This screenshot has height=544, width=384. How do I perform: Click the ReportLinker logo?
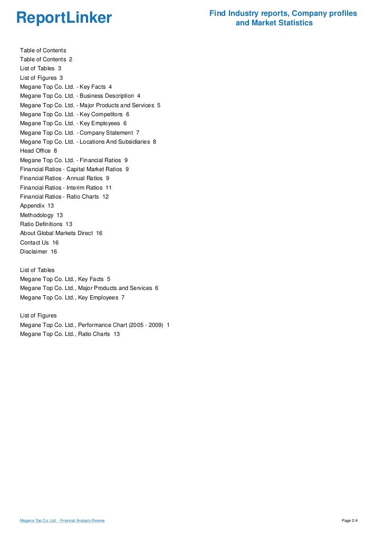coord(64,18)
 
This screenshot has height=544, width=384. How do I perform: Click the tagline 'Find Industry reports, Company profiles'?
coord(283,13)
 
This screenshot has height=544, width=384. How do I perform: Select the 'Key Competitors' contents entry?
coord(74,114)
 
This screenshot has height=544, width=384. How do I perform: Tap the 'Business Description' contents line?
coord(80,96)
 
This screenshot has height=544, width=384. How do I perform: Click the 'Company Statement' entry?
coord(80,133)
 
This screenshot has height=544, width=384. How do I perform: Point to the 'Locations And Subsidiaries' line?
coord(88,142)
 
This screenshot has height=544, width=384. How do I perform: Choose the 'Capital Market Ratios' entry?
coord(74,169)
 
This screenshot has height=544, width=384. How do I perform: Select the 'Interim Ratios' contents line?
coord(65,187)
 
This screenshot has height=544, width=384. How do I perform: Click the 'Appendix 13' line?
coord(37,205)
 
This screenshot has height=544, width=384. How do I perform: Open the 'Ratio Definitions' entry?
coord(46,224)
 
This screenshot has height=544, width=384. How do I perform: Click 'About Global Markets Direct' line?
coord(61,233)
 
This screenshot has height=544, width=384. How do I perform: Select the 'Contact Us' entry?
coord(39,242)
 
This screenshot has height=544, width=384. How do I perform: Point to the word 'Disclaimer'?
coord(34,251)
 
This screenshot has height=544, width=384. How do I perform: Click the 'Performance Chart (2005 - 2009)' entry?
coord(94,325)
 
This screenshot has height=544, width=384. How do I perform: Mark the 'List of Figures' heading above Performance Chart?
coord(38,315)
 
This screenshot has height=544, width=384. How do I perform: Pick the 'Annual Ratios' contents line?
coord(64,178)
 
